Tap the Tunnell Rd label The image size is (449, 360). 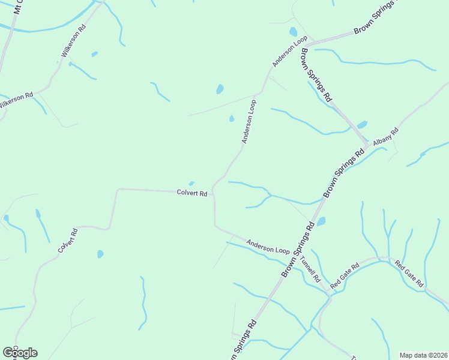[311, 269]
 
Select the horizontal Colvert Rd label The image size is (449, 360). [192, 193]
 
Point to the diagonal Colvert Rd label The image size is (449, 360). [68, 241]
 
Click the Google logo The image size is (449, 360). [20, 353]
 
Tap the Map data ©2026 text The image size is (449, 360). [423, 355]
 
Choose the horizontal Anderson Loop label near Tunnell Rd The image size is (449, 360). [268, 246]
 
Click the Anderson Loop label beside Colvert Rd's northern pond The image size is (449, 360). [249, 122]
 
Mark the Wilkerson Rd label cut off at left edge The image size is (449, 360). [16, 100]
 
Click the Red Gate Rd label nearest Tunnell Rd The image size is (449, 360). [344, 274]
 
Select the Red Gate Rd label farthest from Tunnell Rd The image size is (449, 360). [409, 274]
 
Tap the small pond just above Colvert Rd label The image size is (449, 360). [191, 184]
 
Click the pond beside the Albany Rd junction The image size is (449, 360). [362, 125]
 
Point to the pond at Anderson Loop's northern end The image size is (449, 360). [293, 32]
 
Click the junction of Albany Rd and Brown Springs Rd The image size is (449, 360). [367, 146]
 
